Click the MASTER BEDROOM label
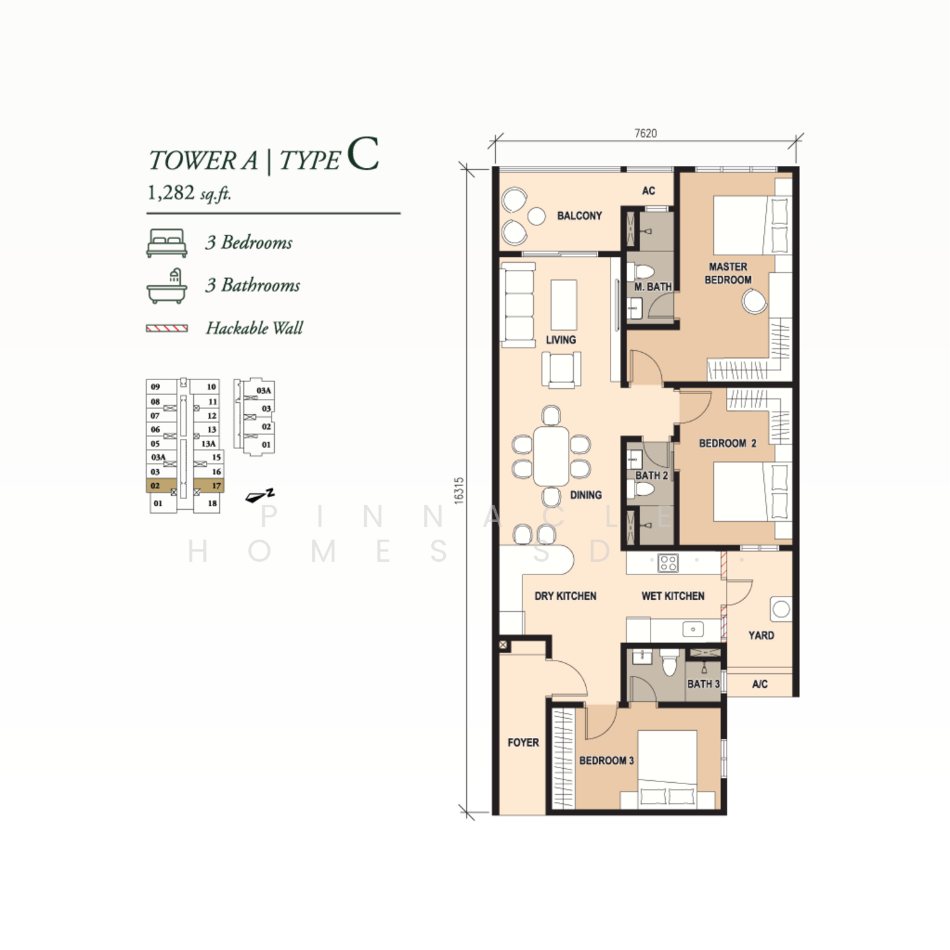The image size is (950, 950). coord(728,274)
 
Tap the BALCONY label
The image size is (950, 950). coord(579,216)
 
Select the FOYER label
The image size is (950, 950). coord(523,742)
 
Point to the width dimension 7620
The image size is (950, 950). coord(646,133)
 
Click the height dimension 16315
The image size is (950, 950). coord(459,490)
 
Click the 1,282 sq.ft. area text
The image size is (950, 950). coord(189,193)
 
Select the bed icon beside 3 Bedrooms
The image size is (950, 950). coord(167,243)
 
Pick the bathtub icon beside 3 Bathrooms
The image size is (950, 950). coord(167,286)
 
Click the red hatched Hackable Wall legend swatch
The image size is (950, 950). coord(167,328)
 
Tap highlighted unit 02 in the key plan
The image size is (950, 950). coord(161,486)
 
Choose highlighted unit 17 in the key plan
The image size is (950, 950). coord(208,486)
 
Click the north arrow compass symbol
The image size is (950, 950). coord(259,496)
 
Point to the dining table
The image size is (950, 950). coord(551,457)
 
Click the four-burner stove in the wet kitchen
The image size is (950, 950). coord(668,563)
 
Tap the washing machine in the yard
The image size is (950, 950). coord(782,609)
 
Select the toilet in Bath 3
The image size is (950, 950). coord(669,662)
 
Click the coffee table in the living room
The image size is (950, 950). coord(564,305)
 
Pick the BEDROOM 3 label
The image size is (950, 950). coord(607,761)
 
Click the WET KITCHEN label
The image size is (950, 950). coord(673,596)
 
